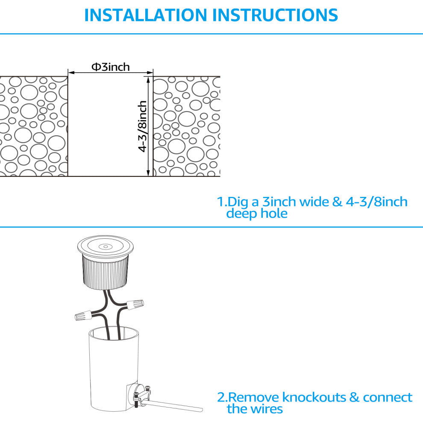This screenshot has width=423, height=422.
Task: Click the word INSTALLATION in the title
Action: coord(145,15)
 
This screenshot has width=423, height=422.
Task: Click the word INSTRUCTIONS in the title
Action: coord(275,15)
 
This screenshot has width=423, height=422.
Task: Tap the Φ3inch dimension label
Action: coord(111,67)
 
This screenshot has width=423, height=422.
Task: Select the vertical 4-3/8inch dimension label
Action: coord(142,126)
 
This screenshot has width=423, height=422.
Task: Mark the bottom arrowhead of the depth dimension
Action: coord(148,173)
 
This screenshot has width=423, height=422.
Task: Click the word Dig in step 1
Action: coord(238,202)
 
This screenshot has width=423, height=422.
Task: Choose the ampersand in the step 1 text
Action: coord(337,202)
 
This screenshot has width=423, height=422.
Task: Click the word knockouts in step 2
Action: coord(314,397)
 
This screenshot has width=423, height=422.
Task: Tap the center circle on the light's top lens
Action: coord(106,246)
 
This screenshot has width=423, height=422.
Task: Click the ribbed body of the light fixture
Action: coord(105,273)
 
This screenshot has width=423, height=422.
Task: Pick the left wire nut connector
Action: coord(83,315)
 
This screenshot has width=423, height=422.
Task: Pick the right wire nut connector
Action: coord(135,305)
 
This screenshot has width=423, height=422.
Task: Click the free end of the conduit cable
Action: coord(201,410)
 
